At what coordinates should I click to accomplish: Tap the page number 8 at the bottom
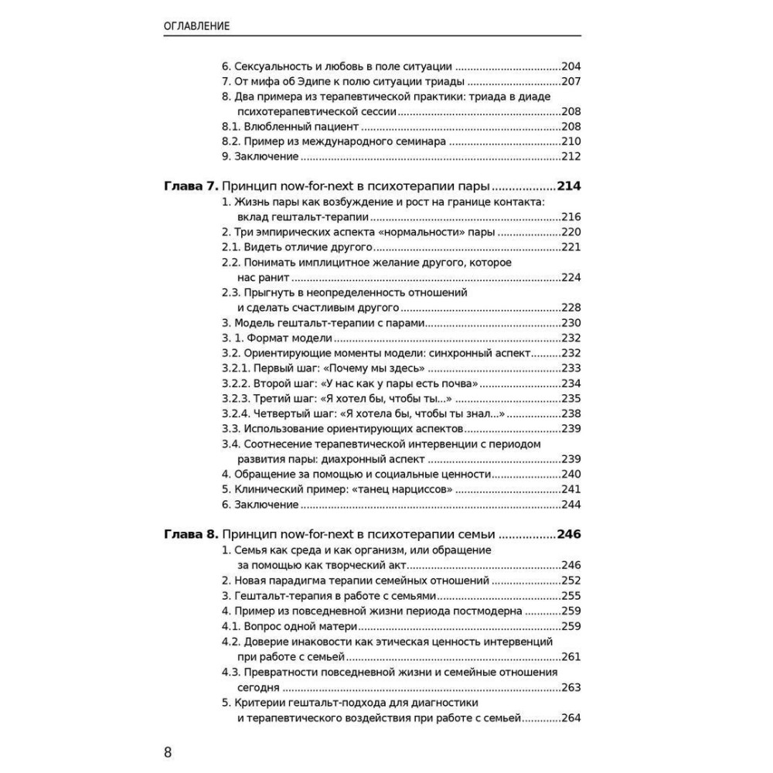[168, 752]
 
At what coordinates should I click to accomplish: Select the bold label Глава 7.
[192, 186]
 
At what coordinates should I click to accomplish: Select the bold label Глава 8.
[192, 534]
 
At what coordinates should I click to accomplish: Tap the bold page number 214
[569, 186]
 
